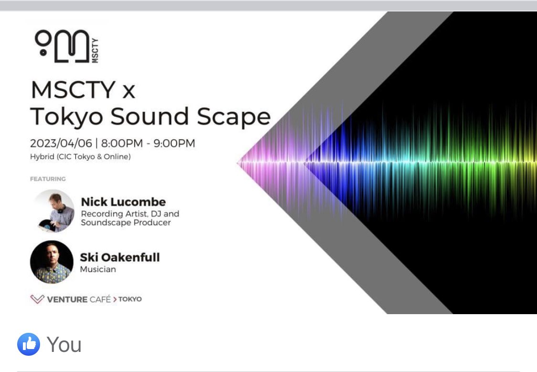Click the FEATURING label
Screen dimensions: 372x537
pos(48,179)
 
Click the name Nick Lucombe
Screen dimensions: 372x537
pos(123,202)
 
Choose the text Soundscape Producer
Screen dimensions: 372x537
pos(126,223)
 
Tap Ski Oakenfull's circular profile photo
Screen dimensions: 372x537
pos(52,262)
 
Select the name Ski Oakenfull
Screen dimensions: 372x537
pos(120,257)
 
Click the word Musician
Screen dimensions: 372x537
pos(98,269)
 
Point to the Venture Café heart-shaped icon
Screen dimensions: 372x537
pos(37,299)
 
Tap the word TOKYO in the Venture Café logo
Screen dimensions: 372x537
pos(130,299)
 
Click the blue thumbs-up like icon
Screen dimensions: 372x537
pos(29,344)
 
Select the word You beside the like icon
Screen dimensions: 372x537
pos(64,344)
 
